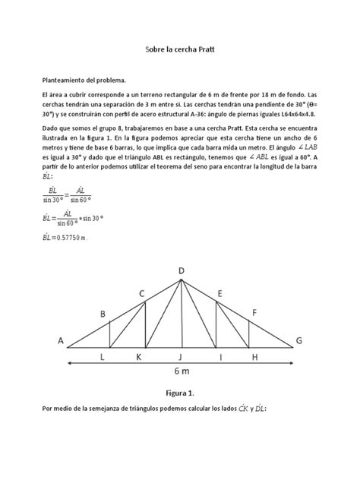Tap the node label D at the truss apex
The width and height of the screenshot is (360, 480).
(x=182, y=270)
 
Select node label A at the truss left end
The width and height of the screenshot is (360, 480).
(x=60, y=342)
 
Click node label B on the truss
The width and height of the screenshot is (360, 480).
(x=103, y=313)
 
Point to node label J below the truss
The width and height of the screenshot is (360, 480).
(x=180, y=355)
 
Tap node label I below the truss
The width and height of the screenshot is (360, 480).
(x=220, y=355)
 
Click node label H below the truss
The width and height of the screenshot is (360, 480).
(x=254, y=355)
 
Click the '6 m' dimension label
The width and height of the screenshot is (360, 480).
(x=180, y=373)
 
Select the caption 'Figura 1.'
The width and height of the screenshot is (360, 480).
(x=180, y=415)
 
